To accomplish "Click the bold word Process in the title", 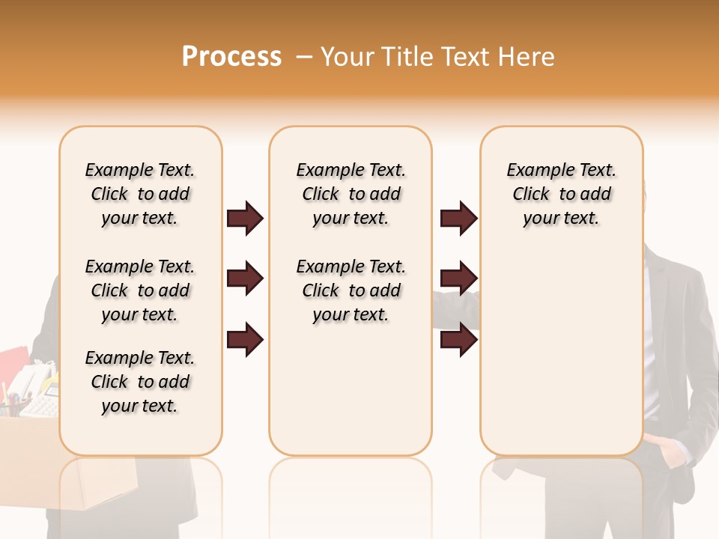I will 231,57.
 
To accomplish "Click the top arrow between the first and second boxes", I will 245,218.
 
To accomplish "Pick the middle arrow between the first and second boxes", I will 245,279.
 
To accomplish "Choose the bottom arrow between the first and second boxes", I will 245,340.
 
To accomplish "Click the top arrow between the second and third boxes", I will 458,218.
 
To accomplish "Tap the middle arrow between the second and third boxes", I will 458,279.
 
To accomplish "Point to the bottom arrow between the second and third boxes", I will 458,340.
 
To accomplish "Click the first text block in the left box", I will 140,194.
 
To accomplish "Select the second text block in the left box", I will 140,290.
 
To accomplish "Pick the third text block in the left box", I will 140,382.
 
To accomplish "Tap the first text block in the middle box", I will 351,194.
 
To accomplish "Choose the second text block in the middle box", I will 351,290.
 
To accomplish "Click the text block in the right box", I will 562,194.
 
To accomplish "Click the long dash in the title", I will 304,57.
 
